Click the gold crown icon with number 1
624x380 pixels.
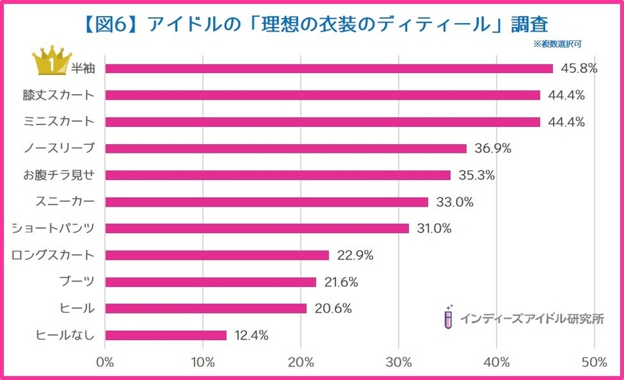(50, 62)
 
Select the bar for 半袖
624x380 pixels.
(329, 68)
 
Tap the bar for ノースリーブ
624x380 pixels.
(285, 148)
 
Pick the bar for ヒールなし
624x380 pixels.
(166, 335)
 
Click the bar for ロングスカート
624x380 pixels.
(217, 255)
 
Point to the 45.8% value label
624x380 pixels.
(580, 68)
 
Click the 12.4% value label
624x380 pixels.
(252, 335)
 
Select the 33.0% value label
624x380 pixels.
(455, 202)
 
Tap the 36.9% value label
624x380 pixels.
(493, 148)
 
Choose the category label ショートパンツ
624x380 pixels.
(53, 229)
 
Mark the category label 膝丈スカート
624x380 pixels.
(58, 95)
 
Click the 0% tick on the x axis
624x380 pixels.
(105, 362)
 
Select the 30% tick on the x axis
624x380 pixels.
(398, 362)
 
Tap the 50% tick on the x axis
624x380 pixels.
(594, 362)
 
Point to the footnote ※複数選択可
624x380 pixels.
(557, 45)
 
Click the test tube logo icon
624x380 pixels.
(449, 318)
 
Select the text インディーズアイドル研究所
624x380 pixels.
(532, 318)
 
